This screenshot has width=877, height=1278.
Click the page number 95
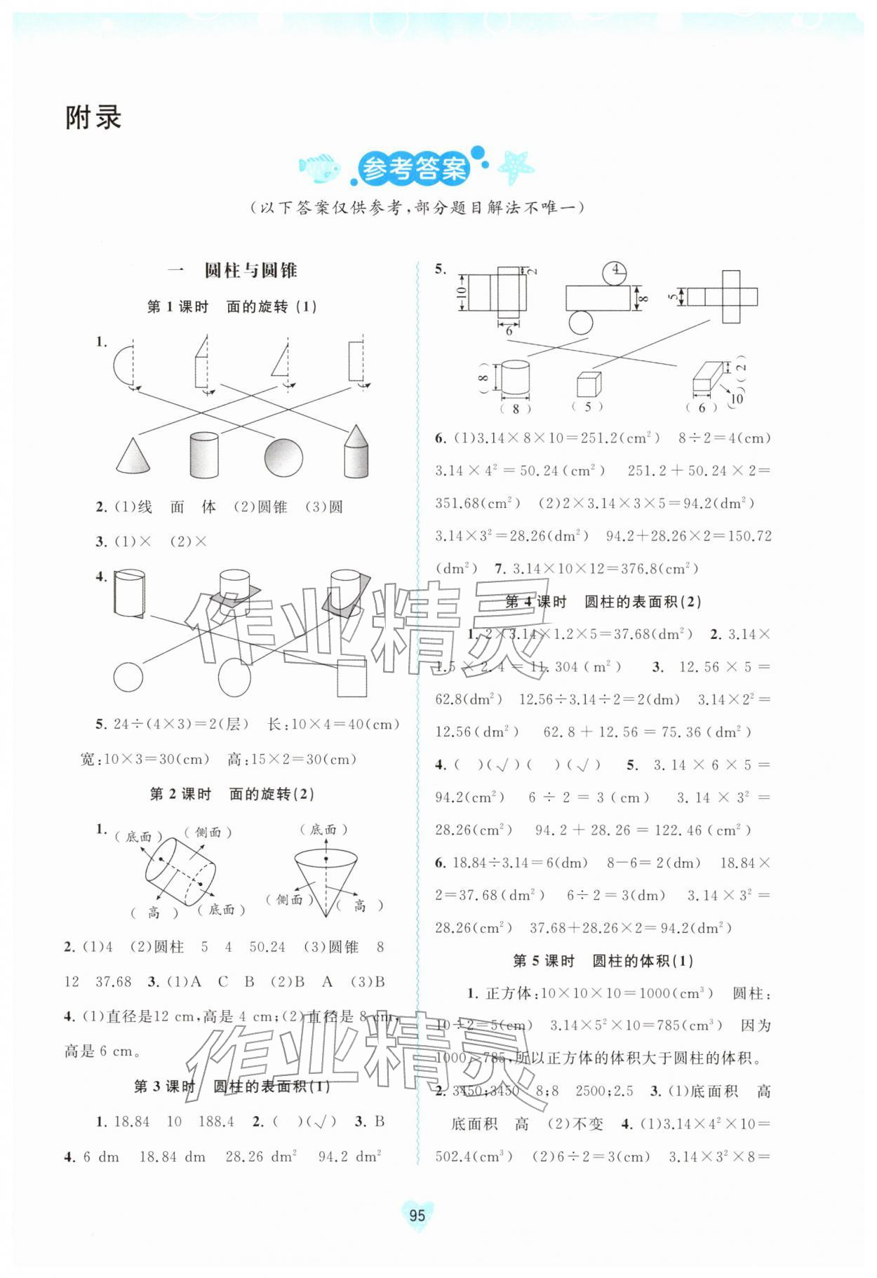417,1216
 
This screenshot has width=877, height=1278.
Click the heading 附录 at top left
93,118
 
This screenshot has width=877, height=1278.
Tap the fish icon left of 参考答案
319,168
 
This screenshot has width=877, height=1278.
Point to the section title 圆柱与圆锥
250,271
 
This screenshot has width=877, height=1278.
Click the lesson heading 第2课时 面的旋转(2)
232,794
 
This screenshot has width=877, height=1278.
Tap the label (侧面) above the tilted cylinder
208,833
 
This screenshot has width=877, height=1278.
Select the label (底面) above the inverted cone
323,830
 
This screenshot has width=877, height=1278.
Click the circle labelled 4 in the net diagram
615,270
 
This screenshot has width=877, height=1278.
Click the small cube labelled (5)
588,385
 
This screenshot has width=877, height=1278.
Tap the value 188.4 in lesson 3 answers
216,1122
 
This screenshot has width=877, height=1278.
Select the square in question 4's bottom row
351,678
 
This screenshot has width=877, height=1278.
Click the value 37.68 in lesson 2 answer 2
114,982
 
